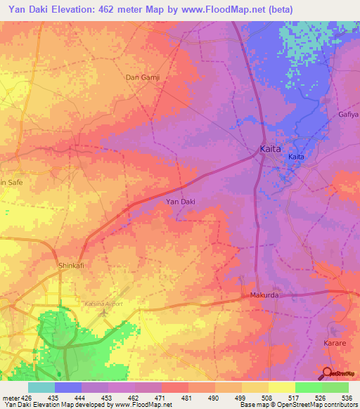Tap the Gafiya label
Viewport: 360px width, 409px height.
coord(348,114)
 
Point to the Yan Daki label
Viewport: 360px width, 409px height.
coord(180,202)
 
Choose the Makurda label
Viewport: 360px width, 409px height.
coord(264,296)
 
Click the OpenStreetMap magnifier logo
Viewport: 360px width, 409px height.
coord(328,374)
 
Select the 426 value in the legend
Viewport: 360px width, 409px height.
coord(27,397)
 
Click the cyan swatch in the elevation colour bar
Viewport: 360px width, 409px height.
coord(41,387)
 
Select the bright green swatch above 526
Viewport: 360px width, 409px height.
coord(309,387)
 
